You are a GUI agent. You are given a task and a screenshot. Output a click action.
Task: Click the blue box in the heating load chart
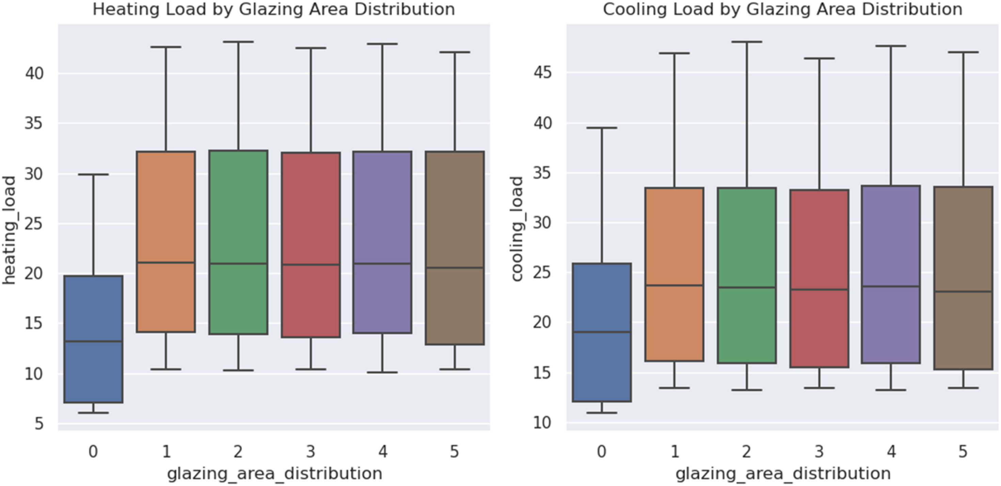[x=93, y=339]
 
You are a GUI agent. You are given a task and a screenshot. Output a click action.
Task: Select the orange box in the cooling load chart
[x=674, y=274]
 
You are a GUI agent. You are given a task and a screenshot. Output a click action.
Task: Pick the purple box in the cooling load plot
[x=891, y=274]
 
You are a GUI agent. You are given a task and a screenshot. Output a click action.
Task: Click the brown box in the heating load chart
[x=455, y=248]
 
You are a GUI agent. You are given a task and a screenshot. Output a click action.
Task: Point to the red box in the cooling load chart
[x=819, y=278]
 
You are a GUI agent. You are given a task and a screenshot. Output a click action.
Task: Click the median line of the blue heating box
[x=93, y=341]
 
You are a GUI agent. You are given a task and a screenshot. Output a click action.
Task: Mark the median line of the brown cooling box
[x=963, y=291]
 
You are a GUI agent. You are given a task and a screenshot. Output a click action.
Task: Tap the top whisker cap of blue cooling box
[x=602, y=127]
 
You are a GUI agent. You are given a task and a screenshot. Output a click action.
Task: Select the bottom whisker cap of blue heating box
[x=93, y=412]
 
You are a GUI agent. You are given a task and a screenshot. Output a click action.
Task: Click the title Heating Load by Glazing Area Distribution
[x=273, y=9]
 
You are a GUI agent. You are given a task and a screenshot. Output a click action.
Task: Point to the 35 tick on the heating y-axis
[x=34, y=124]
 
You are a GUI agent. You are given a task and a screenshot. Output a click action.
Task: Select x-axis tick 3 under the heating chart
[x=311, y=451]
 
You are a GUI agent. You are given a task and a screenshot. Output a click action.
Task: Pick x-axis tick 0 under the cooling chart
[x=602, y=451]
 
